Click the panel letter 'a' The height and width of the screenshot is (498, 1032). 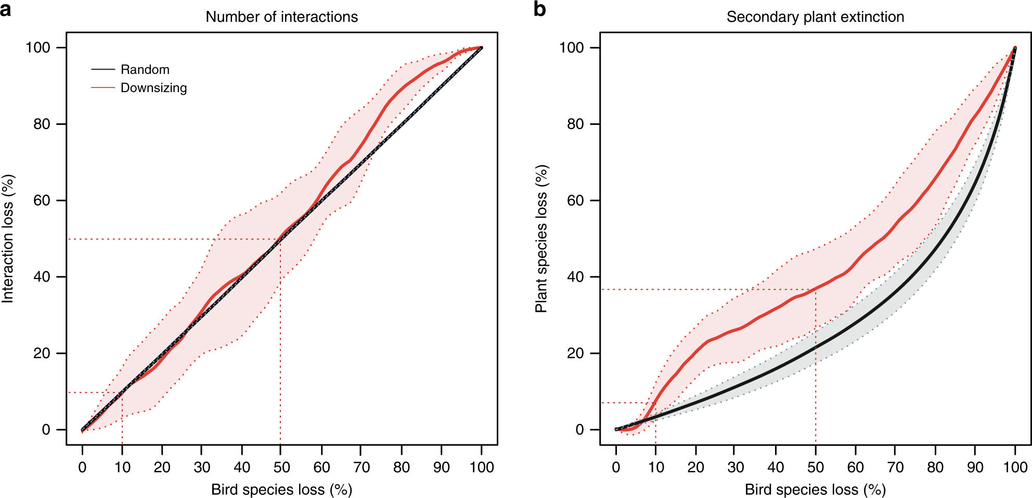click(x=6, y=9)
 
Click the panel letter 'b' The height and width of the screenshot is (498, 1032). click(x=540, y=9)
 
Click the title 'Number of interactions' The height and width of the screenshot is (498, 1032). click(x=281, y=17)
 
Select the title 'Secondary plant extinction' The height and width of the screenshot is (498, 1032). click(x=815, y=17)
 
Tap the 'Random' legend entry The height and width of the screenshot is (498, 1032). click(x=145, y=70)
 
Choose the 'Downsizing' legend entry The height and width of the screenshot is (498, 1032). click(x=153, y=88)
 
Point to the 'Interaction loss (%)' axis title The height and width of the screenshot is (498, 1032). click(x=8, y=238)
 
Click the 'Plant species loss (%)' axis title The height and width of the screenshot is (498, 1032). click(x=541, y=238)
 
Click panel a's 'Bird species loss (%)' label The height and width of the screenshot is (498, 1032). click(x=281, y=490)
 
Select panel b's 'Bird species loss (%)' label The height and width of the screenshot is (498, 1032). click(x=815, y=490)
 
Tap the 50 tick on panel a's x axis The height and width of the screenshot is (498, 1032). click(x=281, y=467)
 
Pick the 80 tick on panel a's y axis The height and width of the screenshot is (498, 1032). click(x=42, y=124)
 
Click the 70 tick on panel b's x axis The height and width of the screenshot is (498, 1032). click(x=895, y=467)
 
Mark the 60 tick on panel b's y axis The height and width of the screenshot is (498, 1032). click(x=575, y=201)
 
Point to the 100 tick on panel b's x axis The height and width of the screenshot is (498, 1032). click(x=1015, y=467)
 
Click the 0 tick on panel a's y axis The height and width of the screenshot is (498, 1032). click(x=46, y=430)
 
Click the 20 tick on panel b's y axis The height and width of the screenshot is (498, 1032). click(x=575, y=353)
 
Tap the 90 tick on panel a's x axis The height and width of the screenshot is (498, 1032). click(x=441, y=467)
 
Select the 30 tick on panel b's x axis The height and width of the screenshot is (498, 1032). click(x=736, y=467)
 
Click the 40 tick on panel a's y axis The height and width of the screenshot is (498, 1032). click(x=42, y=277)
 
